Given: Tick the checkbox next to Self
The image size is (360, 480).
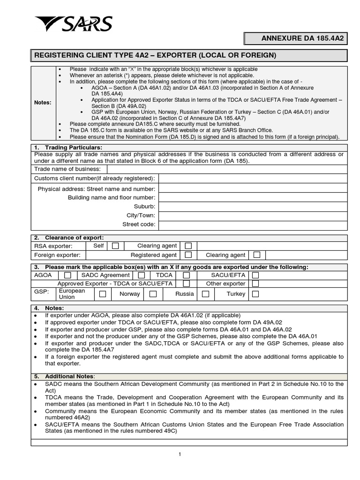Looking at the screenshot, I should pos(115,246).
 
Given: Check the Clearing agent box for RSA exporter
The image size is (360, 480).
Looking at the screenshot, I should pos(188,246).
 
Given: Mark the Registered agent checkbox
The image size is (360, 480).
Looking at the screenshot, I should pos(188,255).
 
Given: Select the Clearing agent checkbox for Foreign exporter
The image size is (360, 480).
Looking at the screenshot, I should pos(257,255).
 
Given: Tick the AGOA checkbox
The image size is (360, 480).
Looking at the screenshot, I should pos(68,275).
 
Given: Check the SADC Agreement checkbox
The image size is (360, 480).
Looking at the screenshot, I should pos(141,275).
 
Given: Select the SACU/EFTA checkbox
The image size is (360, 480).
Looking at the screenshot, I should pos(255,275).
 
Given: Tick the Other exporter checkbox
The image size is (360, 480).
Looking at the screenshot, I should pos(255,284).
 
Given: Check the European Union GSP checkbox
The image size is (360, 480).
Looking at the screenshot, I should pos(103,294).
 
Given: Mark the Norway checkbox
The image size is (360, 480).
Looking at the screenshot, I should pos(153,294).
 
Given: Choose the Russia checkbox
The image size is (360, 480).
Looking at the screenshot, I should pos(205,294).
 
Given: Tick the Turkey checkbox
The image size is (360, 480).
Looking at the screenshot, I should pos(255,294).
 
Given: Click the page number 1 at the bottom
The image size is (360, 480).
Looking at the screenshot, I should pos(180,454).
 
